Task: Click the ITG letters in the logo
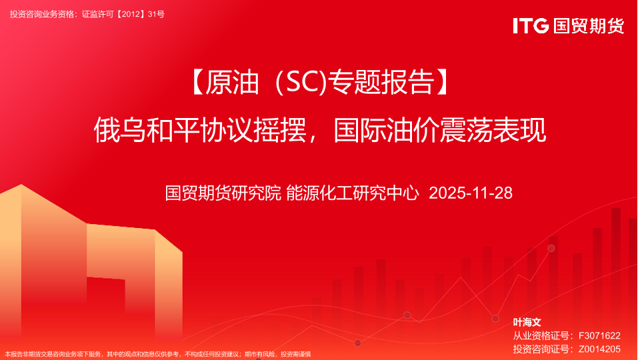point(531,26)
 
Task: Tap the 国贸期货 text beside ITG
point(589,26)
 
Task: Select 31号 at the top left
point(156,14)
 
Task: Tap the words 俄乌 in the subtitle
point(120,130)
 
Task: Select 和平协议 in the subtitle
point(200,130)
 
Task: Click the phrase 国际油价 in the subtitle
point(387,130)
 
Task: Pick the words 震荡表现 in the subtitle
point(493,130)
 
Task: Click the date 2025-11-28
point(471,193)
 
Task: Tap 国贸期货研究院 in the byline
point(223,193)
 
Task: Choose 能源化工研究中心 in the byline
point(353,193)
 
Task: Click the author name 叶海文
point(527,323)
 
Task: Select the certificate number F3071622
point(599,336)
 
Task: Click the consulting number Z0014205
point(599,349)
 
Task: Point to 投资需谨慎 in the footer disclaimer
point(295,354)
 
